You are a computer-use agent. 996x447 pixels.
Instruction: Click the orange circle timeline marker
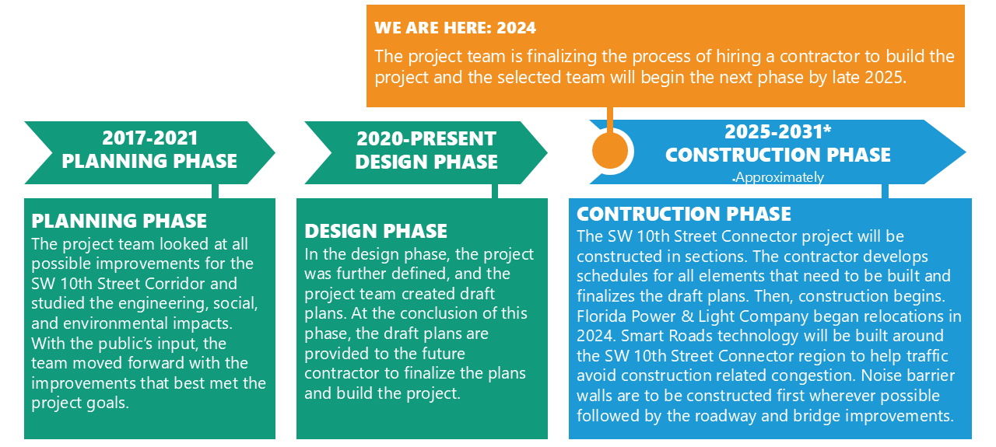point(609,151)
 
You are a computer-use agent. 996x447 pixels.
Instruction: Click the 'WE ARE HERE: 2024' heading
point(455,28)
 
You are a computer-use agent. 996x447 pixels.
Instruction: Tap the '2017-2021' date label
point(150,138)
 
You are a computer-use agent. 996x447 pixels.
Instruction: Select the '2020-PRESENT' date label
point(426,138)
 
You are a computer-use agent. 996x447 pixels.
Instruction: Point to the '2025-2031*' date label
point(777,131)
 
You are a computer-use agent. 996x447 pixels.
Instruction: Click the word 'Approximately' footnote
point(780,177)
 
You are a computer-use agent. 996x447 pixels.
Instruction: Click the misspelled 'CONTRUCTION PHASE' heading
point(684,214)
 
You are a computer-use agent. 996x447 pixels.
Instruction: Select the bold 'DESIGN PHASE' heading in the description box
point(376,231)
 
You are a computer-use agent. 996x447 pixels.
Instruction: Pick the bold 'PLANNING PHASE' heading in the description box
point(119,221)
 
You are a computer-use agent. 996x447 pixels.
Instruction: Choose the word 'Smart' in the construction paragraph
point(640,336)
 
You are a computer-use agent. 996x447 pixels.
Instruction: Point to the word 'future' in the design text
point(444,354)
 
